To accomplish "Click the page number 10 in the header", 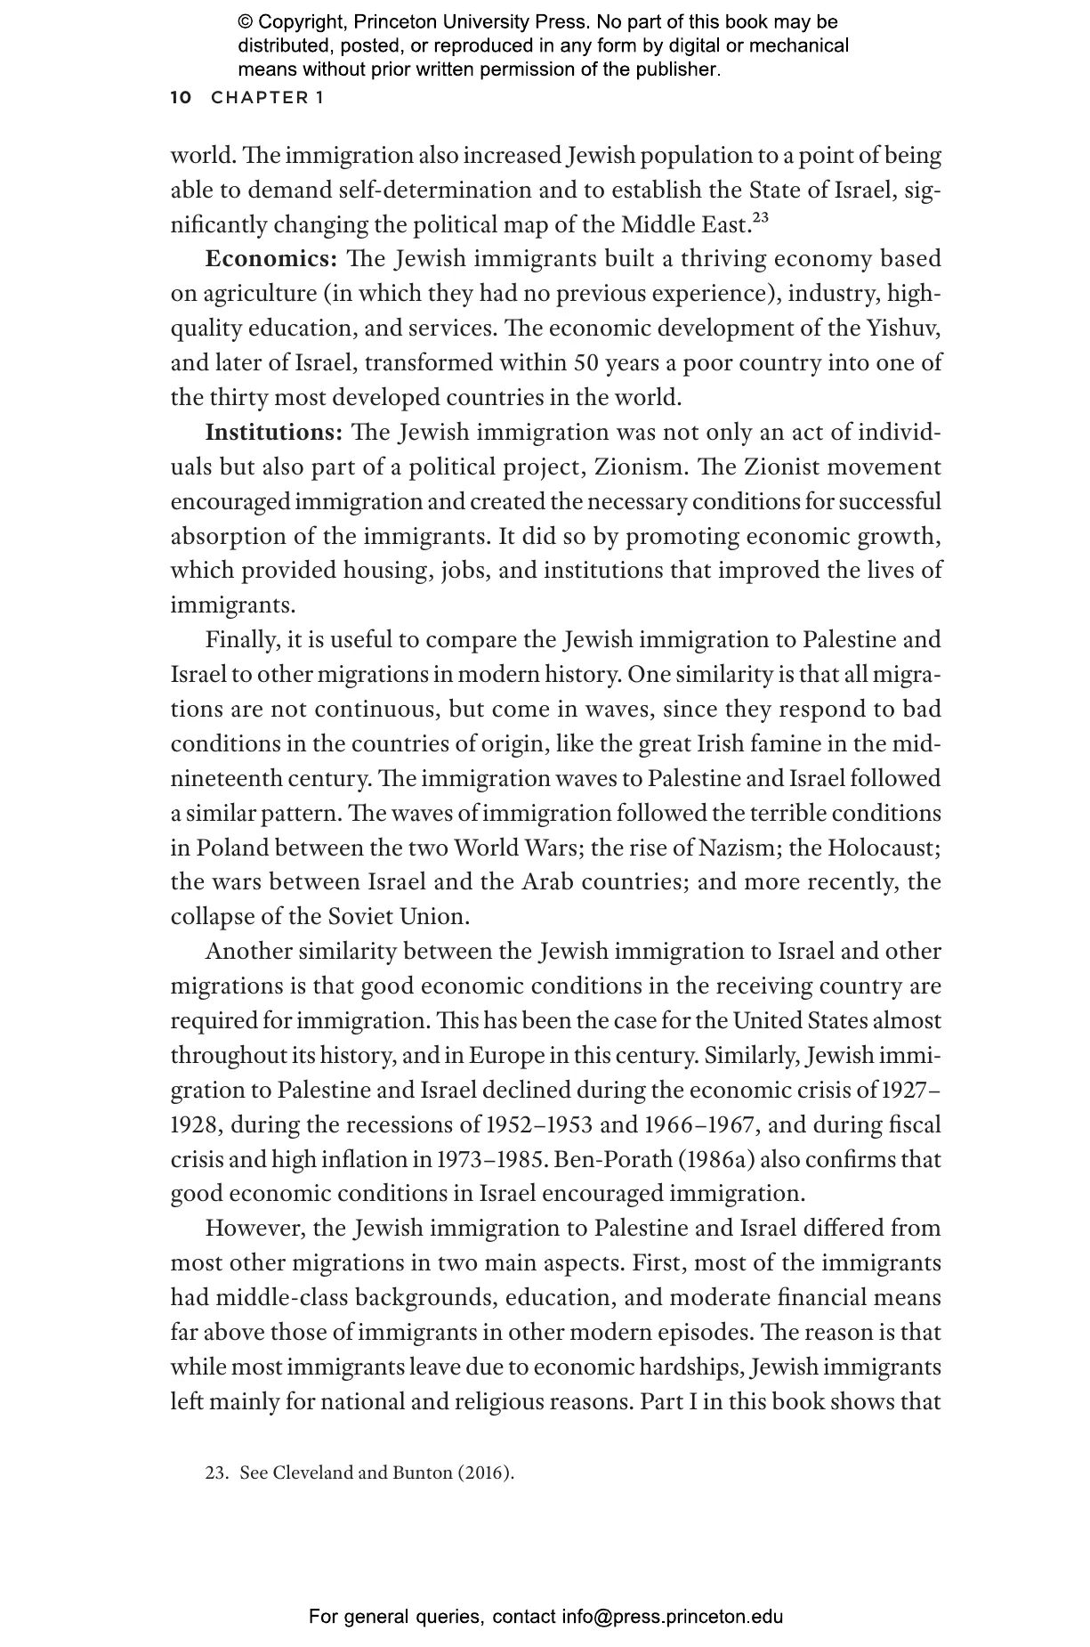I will pyautogui.click(x=181, y=98).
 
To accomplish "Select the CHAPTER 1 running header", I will pyautogui.click(x=267, y=98).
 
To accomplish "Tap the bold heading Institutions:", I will pyautogui.click(x=274, y=433).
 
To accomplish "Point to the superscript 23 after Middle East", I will pyautogui.click(x=760, y=216).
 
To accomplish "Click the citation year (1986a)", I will pyautogui.click(x=725, y=1160).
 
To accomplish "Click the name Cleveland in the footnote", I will pyautogui.click(x=312, y=1473).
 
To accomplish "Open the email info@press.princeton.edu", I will pyautogui.click(x=673, y=1617).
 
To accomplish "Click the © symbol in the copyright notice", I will pyautogui.click(x=246, y=22).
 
